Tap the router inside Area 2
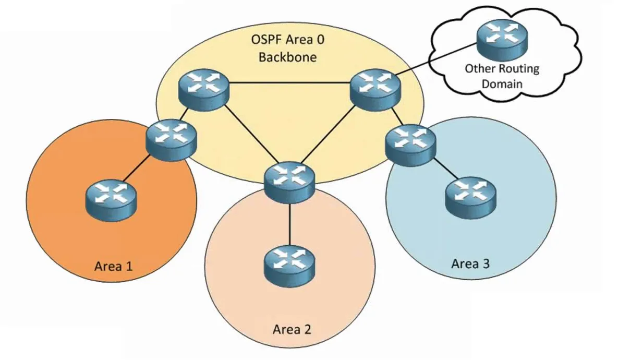click(289, 260)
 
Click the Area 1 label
click(113, 266)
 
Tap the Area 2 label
click(292, 330)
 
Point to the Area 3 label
click(470, 263)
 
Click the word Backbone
click(287, 56)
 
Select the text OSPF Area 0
click(287, 40)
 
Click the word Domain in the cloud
click(502, 83)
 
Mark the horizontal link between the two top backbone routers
click(288, 82)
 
